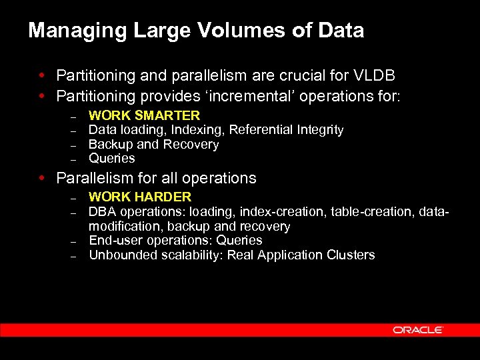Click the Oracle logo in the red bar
click(418, 330)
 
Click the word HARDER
click(163, 197)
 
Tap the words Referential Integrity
click(287, 130)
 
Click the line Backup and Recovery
click(153, 145)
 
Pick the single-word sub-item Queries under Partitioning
click(111, 159)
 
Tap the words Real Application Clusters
click(301, 255)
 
